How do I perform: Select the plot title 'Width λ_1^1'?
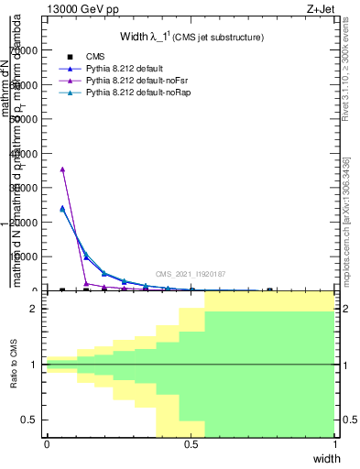click(x=192, y=37)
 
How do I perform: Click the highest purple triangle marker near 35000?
click(x=62, y=169)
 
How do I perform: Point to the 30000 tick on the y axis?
click(x=26, y=188)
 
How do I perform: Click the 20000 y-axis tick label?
click(x=26, y=223)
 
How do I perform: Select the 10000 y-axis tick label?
click(x=26, y=256)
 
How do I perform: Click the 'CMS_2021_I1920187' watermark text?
click(x=191, y=274)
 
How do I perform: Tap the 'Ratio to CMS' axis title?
click(x=15, y=365)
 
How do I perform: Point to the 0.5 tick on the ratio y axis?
click(x=31, y=420)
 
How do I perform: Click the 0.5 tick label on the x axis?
click(x=191, y=444)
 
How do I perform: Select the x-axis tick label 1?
click(x=335, y=444)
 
